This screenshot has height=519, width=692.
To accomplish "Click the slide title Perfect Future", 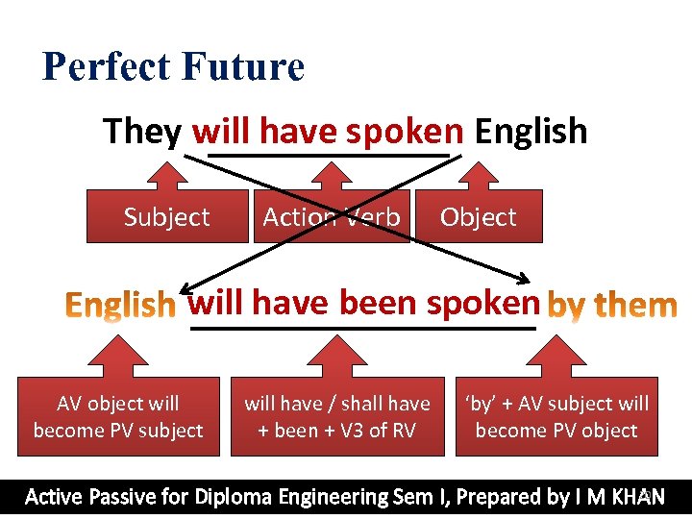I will tap(173, 67).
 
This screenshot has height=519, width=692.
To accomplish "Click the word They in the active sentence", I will tap(142, 131).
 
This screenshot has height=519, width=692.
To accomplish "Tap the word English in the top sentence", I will tap(531, 131).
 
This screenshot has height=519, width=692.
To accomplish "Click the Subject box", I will tap(166, 217).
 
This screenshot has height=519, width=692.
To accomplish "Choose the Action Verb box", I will tap(332, 217).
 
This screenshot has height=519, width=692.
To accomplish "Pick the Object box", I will tap(479, 217).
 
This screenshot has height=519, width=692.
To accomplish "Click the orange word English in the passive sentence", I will tap(120, 306).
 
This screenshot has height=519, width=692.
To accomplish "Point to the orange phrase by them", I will tap(612, 306).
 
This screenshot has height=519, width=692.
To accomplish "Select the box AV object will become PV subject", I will tap(118, 417).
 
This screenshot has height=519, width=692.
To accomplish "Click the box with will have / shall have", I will tap(337, 417).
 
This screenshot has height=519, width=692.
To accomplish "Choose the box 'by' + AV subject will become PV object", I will tap(556, 417).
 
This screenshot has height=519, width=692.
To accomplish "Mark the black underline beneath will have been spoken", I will tap(363, 328).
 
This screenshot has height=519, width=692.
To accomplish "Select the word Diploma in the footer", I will tap(235, 497).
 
